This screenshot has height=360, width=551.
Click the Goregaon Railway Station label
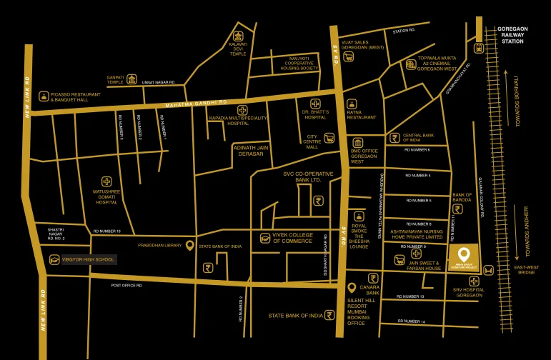513,34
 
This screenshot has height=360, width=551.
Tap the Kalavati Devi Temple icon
238,36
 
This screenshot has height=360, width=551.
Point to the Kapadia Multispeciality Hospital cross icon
243,111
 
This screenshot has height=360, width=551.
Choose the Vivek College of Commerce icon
265,238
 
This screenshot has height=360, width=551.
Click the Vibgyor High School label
88,259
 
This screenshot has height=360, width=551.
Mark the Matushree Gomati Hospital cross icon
106,181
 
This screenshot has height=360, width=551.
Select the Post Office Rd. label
126,285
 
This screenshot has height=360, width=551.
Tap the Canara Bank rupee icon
372,279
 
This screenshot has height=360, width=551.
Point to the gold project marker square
463,256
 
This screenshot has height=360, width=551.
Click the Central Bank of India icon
394,138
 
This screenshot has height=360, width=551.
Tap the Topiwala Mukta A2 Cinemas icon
410,64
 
